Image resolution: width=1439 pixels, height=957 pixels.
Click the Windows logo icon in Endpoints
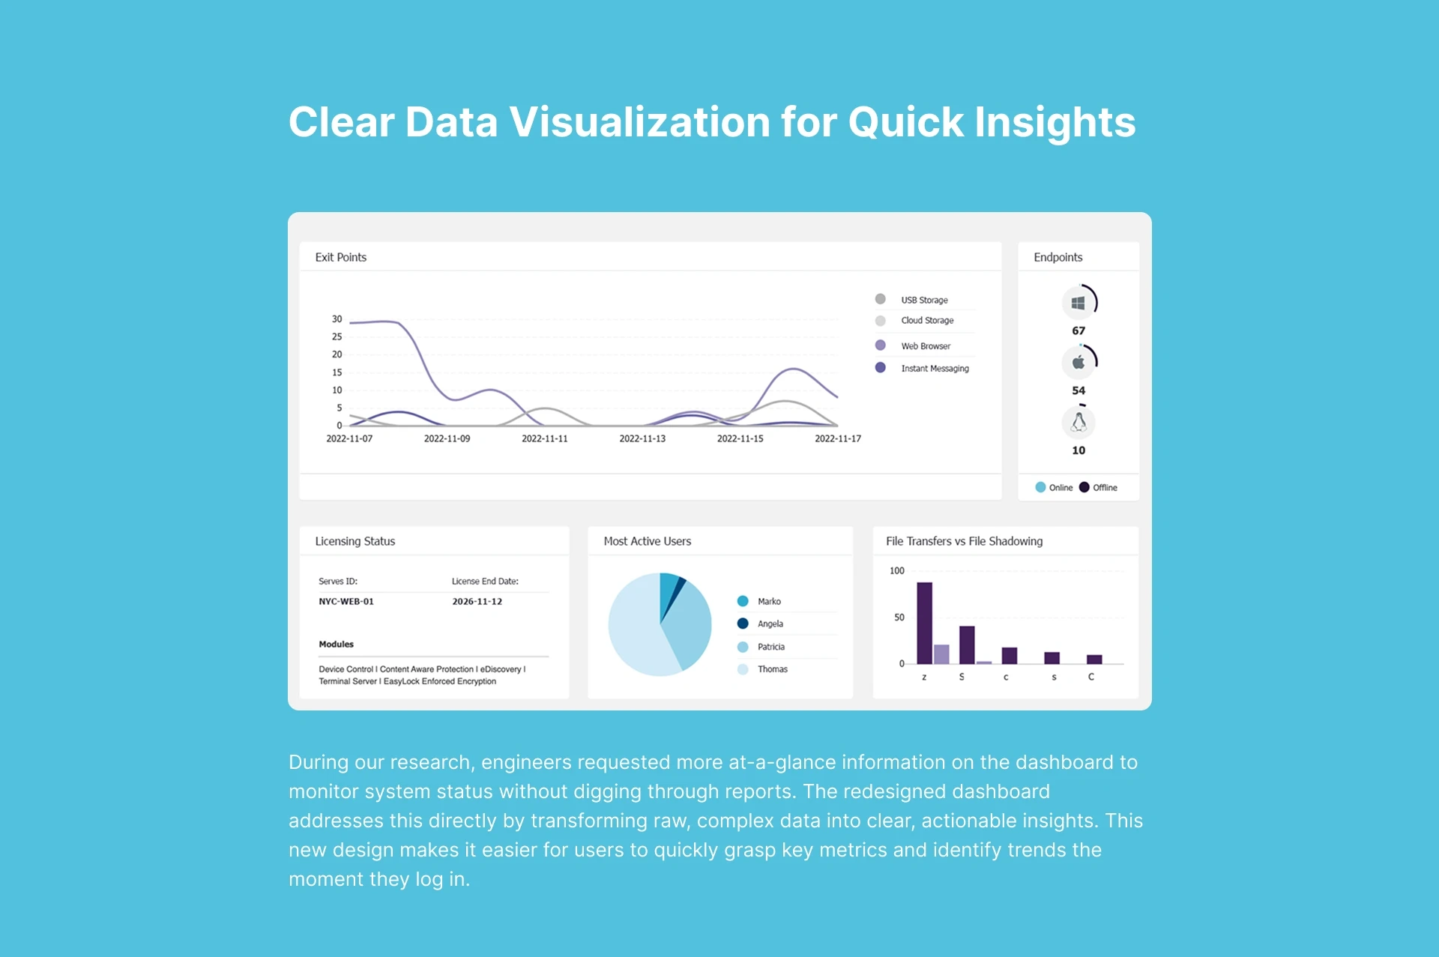click(1078, 303)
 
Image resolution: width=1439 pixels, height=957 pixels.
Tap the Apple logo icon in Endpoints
click(1078, 362)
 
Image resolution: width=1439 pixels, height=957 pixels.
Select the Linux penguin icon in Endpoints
click(1079, 422)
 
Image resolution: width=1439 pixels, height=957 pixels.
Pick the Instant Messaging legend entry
click(922, 368)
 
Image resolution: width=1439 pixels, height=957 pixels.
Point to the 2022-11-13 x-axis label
click(642, 438)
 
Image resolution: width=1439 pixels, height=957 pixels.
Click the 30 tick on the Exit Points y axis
click(337, 319)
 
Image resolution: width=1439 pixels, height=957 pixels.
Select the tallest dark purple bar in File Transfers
click(925, 623)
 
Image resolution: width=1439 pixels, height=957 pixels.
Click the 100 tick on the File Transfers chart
click(897, 571)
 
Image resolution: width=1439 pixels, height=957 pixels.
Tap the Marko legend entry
click(759, 601)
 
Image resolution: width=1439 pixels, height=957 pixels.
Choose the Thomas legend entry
click(762, 669)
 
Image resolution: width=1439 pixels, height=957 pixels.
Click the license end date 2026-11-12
click(477, 601)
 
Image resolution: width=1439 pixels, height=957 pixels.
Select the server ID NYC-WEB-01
click(346, 601)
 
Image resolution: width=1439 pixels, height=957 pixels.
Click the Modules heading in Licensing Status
click(336, 644)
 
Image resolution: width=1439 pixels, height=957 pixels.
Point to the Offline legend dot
click(1084, 487)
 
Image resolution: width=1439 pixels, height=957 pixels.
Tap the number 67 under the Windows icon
click(1079, 330)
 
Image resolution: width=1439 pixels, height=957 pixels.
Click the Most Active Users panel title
click(648, 541)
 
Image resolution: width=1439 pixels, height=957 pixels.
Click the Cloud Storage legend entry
click(914, 320)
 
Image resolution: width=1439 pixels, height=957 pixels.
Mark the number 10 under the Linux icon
click(1079, 450)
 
